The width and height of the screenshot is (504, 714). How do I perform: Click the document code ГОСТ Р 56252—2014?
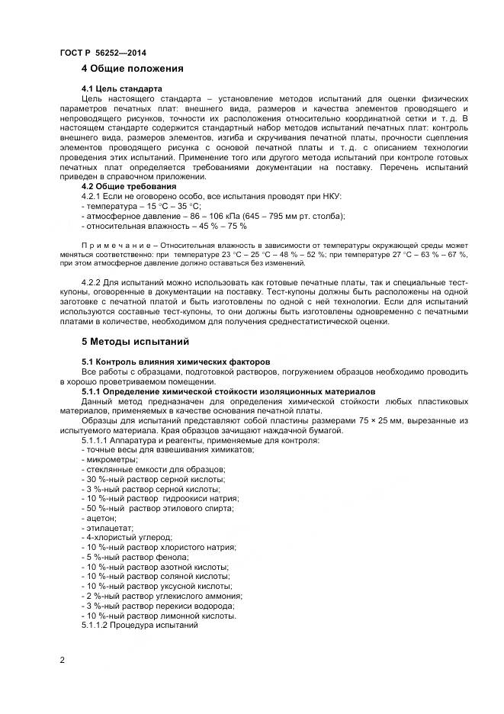tap(102, 53)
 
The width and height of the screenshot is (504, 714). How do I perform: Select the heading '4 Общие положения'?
tap(132, 69)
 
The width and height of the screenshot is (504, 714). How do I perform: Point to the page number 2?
tap(62, 660)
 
